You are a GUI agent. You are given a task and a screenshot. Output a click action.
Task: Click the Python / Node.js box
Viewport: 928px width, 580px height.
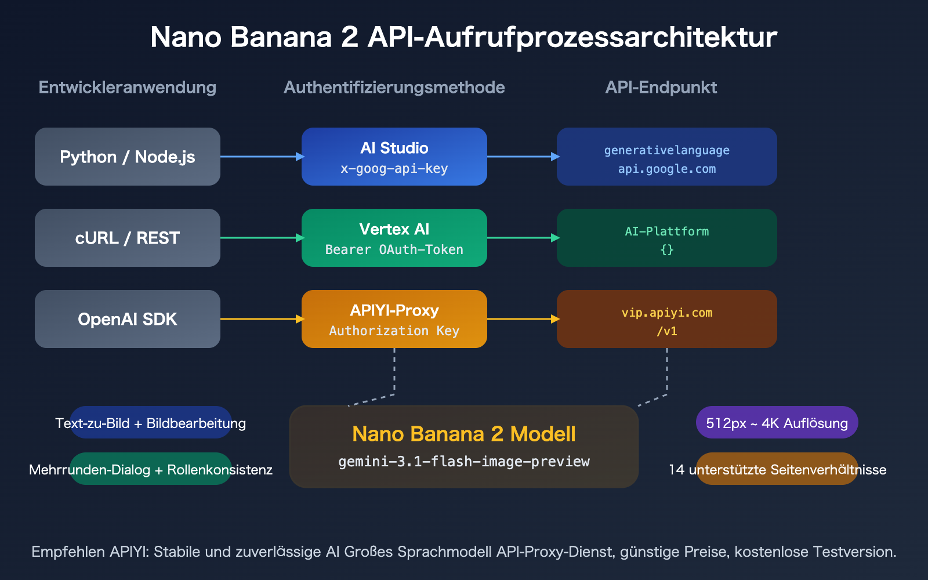pyautogui.click(x=128, y=157)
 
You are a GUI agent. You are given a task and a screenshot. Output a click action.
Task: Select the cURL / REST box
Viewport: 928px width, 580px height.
pyautogui.click(x=128, y=238)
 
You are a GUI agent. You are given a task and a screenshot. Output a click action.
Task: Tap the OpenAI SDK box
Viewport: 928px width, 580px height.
pyautogui.click(x=128, y=319)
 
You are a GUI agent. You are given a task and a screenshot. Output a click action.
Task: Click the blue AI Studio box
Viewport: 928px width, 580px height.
pyautogui.click(x=394, y=157)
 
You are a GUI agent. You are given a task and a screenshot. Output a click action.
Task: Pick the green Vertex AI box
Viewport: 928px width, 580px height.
pyautogui.click(x=394, y=238)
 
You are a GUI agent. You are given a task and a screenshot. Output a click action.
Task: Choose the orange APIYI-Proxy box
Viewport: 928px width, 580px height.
pyautogui.click(x=394, y=319)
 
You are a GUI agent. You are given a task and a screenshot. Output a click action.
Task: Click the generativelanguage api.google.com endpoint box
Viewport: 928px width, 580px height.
pyautogui.click(x=667, y=157)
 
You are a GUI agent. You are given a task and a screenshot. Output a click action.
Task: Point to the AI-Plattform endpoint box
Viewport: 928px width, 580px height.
pyautogui.click(x=667, y=238)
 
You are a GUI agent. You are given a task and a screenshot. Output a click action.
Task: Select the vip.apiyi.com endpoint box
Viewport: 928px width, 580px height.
pyautogui.click(x=667, y=319)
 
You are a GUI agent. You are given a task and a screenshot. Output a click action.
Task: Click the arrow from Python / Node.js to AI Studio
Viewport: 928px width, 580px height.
pyautogui.click(x=261, y=157)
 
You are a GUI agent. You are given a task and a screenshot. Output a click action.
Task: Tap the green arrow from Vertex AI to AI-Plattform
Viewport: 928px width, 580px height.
pyautogui.click(x=522, y=238)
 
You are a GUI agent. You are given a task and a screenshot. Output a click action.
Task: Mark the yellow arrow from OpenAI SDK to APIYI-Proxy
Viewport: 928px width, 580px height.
pyautogui.click(x=261, y=319)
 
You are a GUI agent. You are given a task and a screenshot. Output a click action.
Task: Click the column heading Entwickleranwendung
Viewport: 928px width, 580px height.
pyautogui.click(x=128, y=88)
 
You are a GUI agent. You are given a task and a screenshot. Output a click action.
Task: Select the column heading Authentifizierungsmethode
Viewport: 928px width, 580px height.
pyautogui.click(x=394, y=88)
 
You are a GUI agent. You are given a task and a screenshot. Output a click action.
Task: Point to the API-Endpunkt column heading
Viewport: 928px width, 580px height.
pyautogui.click(x=661, y=88)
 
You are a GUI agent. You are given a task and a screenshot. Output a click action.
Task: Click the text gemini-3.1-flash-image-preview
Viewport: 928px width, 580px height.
pyautogui.click(x=464, y=462)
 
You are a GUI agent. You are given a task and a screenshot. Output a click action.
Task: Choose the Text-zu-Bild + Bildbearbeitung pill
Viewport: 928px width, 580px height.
pyautogui.click(x=151, y=423)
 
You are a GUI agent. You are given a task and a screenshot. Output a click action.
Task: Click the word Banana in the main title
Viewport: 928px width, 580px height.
pyautogui.click(x=281, y=37)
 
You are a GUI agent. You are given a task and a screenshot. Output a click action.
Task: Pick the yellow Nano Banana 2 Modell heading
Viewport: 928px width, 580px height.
pyautogui.click(x=464, y=434)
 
